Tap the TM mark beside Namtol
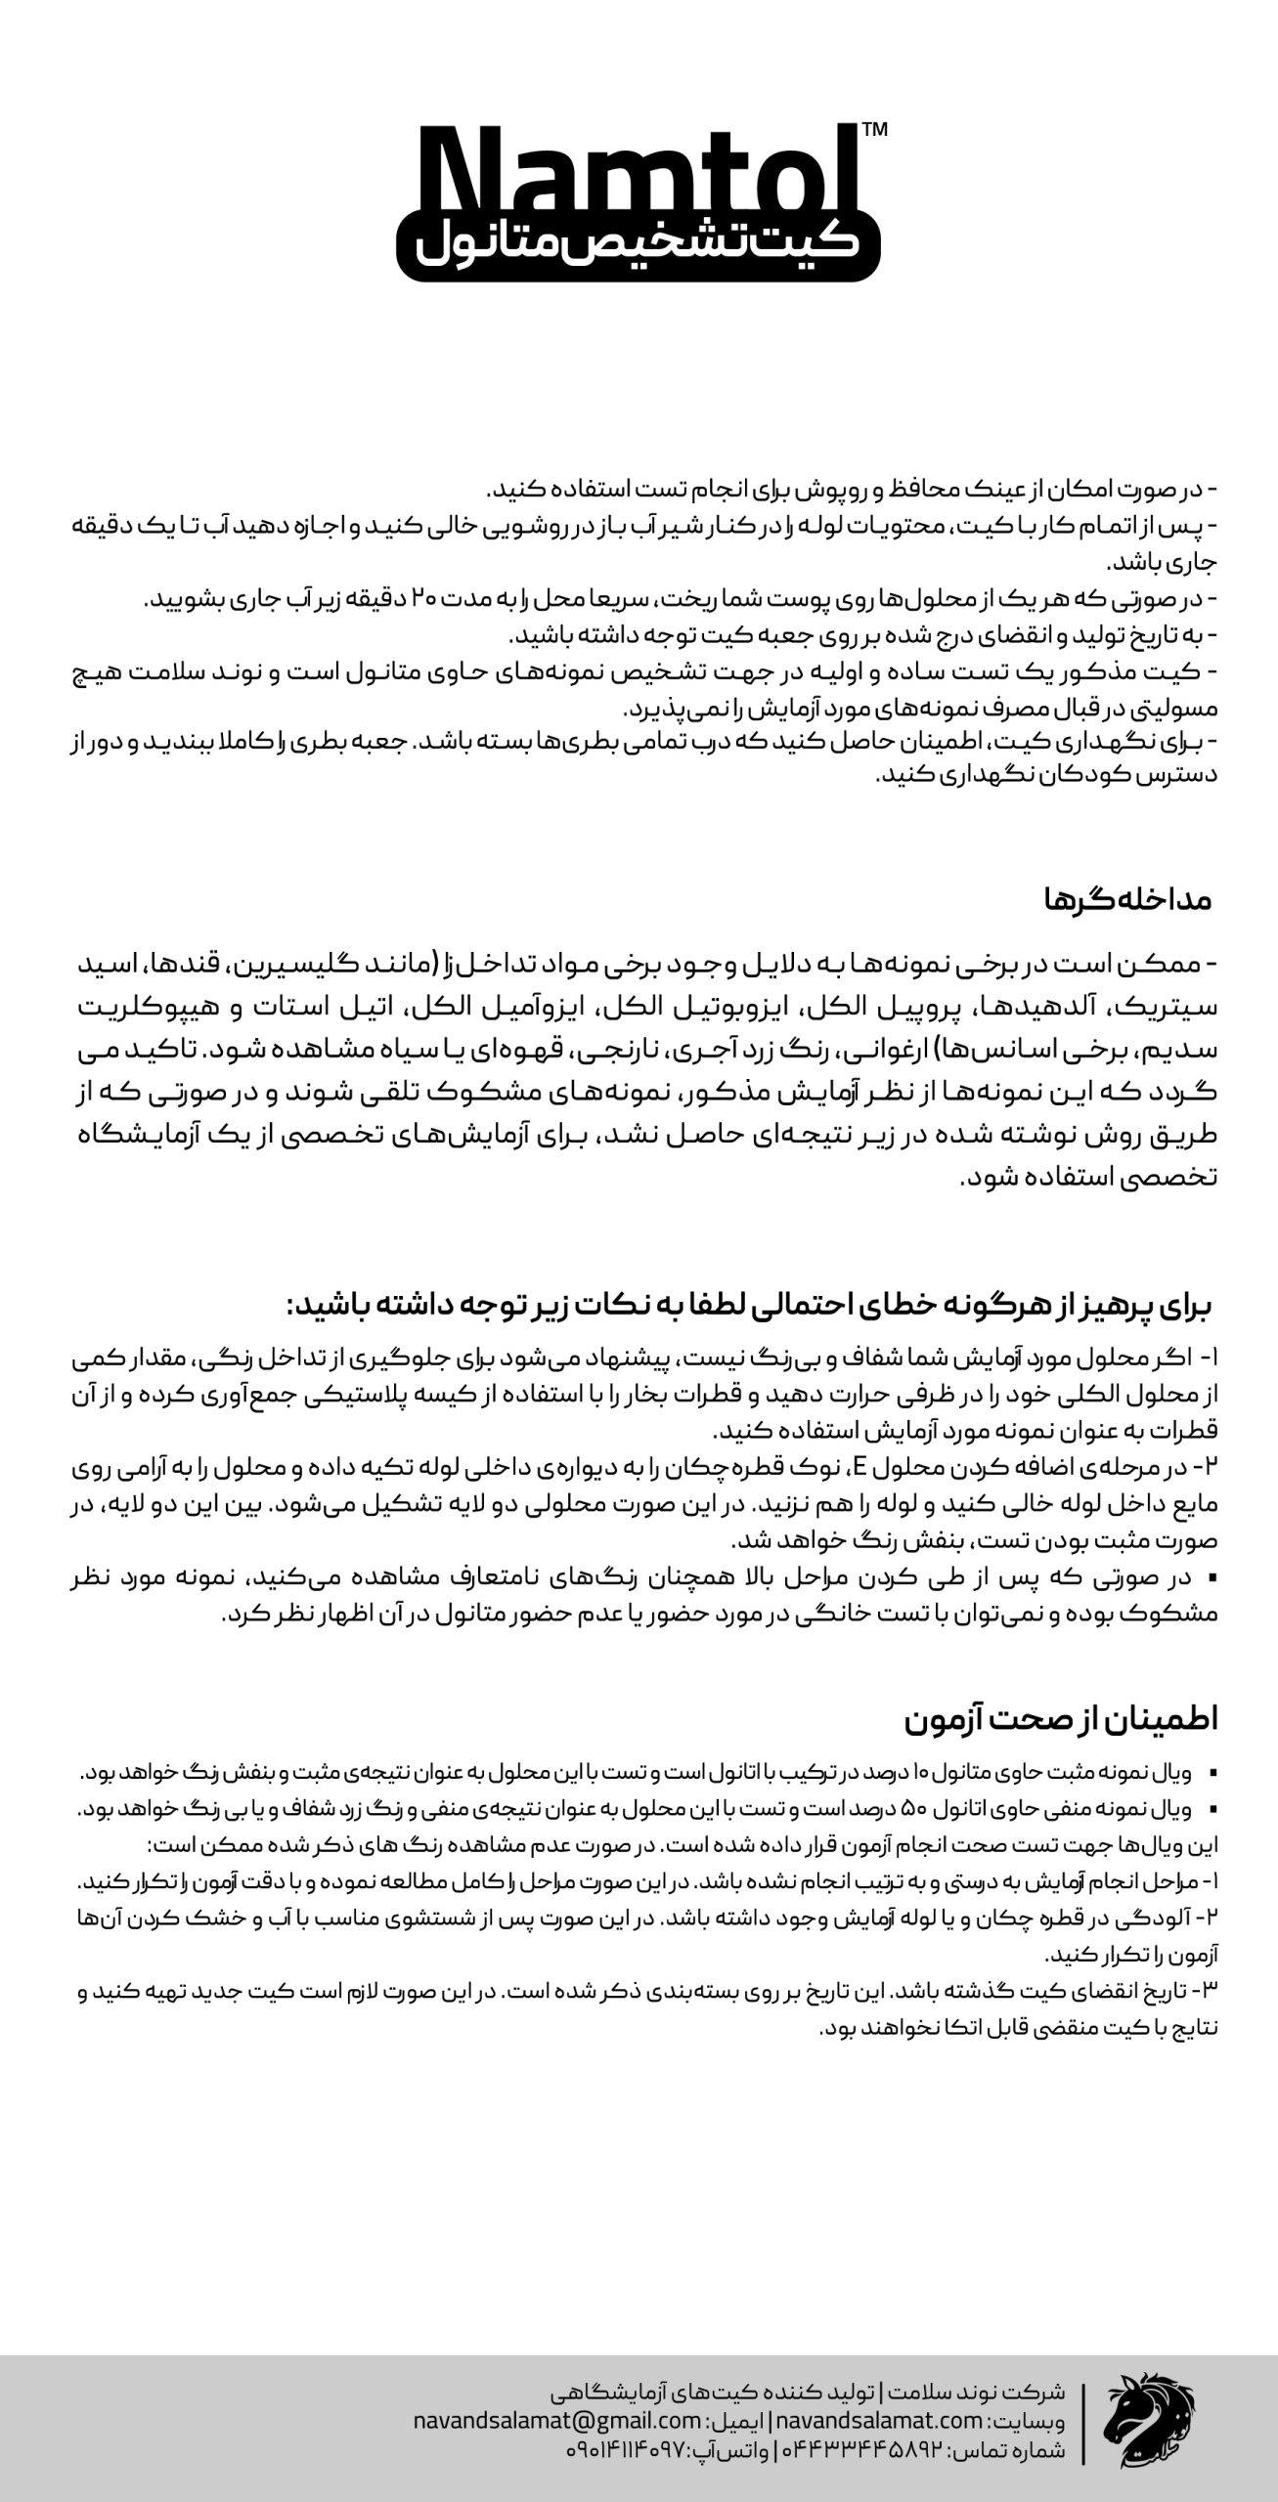click(x=876, y=130)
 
